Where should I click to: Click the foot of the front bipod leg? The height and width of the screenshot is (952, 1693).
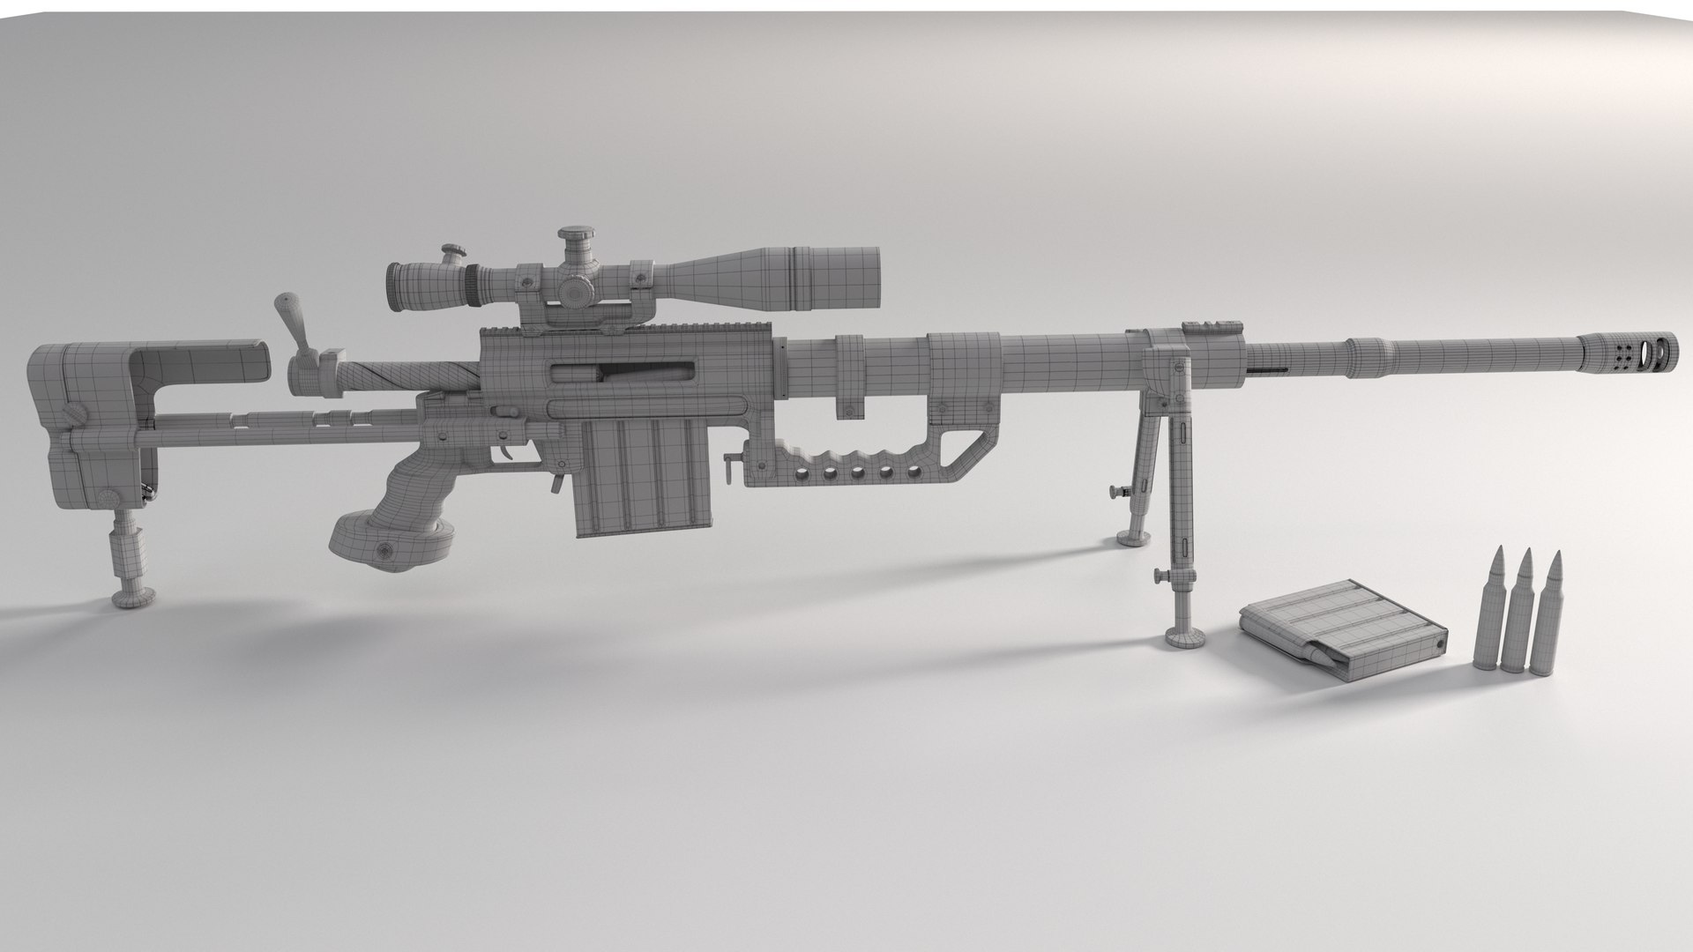[1183, 637]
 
